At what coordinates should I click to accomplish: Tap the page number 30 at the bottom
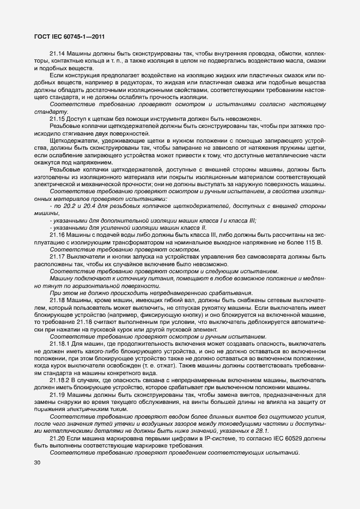pos(38,463)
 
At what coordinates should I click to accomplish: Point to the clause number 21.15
pos(58,119)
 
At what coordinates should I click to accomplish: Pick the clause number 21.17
pos(58,257)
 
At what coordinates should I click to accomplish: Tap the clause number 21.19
pos(58,395)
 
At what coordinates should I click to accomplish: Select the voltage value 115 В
pos(315,242)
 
